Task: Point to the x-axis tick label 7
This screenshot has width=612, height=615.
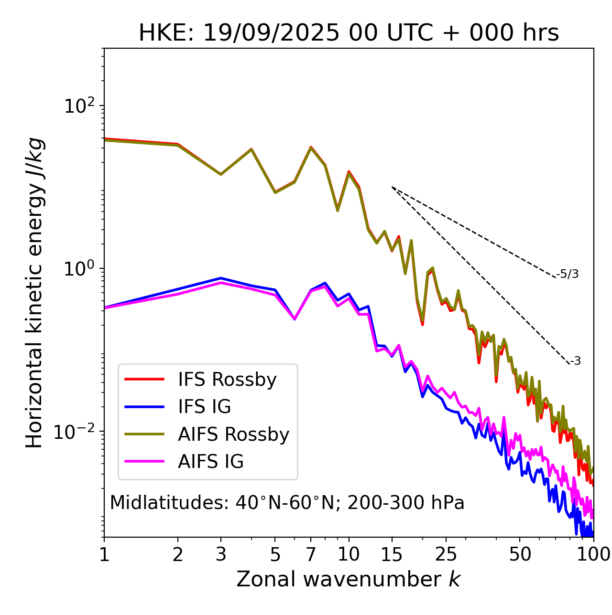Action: [311, 554]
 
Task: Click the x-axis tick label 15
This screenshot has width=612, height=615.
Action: [392, 554]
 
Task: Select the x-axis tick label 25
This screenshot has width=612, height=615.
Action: [446, 554]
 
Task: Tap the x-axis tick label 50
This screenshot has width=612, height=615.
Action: [520, 554]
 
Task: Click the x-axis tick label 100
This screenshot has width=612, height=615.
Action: [593, 554]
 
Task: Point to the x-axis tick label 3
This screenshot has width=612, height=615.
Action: [220, 554]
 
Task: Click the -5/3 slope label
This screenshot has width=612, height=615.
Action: [568, 275]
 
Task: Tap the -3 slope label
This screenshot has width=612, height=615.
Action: [575, 361]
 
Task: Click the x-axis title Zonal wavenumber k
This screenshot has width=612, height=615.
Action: [348, 579]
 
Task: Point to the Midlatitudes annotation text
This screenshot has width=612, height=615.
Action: [287, 503]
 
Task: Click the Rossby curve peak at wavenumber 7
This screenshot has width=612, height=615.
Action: [311, 147]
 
